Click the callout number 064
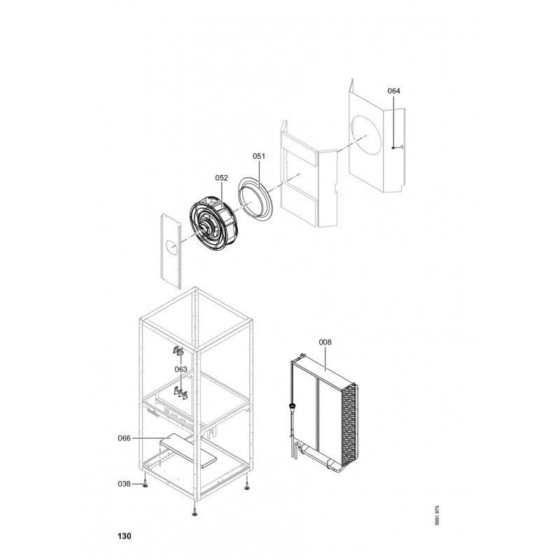click(x=393, y=91)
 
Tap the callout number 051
click(x=259, y=156)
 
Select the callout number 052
click(x=221, y=178)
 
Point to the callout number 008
click(x=325, y=342)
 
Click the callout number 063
click(x=181, y=369)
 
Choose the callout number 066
click(x=125, y=438)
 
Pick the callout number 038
click(x=125, y=484)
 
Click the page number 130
click(x=124, y=536)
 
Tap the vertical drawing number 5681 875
click(x=437, y=515)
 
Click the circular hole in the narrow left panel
click(x=171, y=247)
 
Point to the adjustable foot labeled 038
click(x=145, y=484)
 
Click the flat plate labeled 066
click(x=188, y=450)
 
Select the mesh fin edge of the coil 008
click(x=349, y=425)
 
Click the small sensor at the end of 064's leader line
click(x=393, y=148)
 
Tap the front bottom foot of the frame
click(x=195, y=513)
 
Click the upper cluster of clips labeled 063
click(x=178, y=351)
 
